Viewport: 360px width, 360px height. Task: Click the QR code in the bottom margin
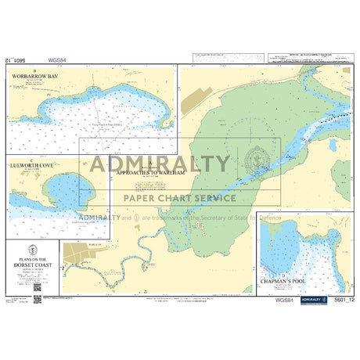tap(38, 298)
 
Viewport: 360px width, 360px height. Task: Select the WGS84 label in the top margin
tap(57, 59)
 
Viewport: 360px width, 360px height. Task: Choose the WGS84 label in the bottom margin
tap(285, 298)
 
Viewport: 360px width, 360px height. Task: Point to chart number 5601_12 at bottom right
tap(341, 299)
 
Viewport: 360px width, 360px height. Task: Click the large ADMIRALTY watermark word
tap(160, 164)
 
